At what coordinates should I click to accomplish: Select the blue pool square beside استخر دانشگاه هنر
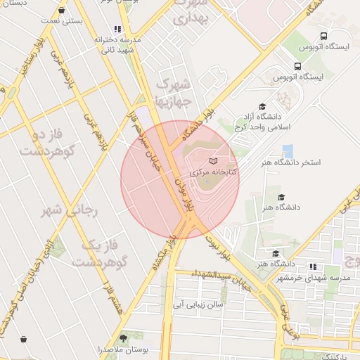pyautogui.click(x=288, y=151)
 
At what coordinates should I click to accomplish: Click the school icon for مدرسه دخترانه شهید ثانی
pyautogui.click(x=117, y=30)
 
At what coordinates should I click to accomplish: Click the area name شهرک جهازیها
pyautogui.click(x=173, y=92)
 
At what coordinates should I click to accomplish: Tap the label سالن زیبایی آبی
pyautogui.click(x=200, y=304)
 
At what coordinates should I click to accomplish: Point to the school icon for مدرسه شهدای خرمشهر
pyautogui.click(x=313, y=266)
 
